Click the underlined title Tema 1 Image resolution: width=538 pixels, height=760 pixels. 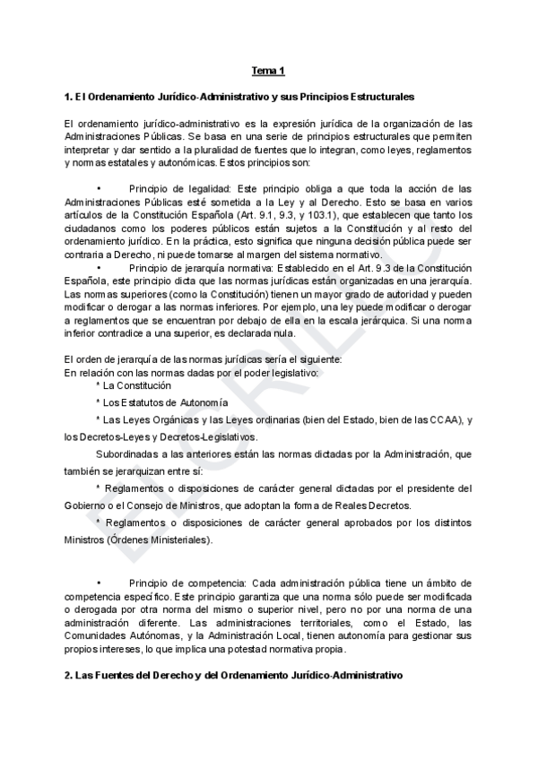(267, 71)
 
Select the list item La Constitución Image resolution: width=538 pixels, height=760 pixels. (137, 385)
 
